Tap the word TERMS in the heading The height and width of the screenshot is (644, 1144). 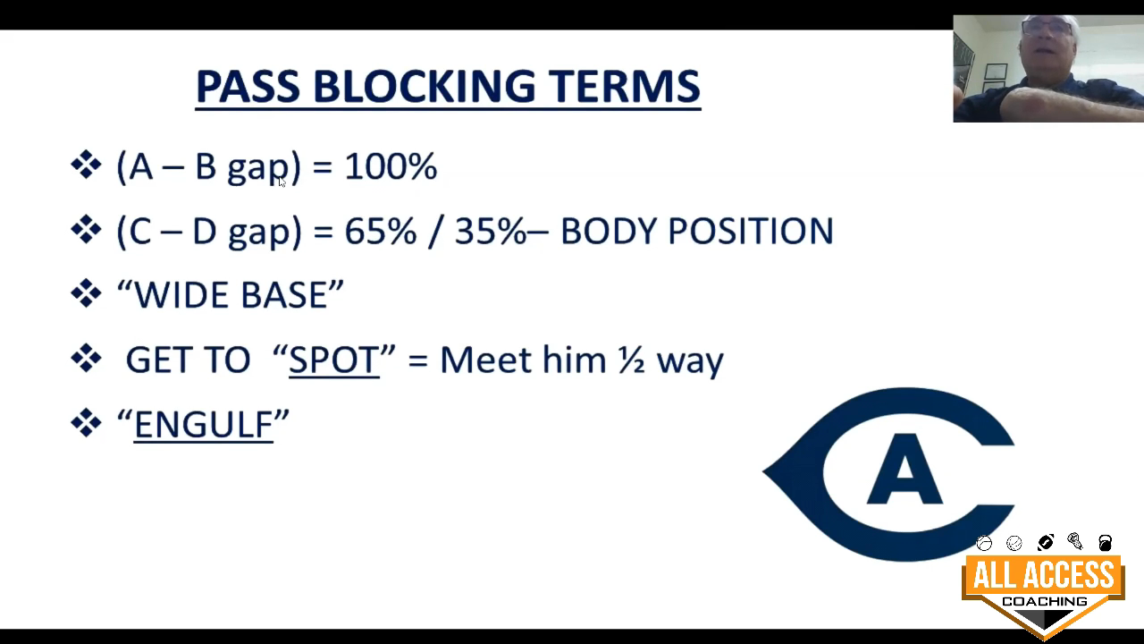click(624, 86)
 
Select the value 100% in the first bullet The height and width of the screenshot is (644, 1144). click(391, 166)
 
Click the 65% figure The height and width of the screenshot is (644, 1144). click(381, 231)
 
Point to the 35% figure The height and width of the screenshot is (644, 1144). click(491, 231)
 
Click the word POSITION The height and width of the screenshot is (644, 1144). click(750, 231)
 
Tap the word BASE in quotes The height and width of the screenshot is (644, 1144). click(284, 295)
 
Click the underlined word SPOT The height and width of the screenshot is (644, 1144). click(334, 360)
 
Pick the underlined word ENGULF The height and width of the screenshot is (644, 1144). click(203, 425)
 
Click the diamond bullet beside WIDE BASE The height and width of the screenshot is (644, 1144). click(86, 294)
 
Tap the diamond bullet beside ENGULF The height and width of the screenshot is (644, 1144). click(86, 423)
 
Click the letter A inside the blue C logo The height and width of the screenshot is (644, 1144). click(904, 469)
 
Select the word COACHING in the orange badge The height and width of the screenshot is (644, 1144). click(1045, 602)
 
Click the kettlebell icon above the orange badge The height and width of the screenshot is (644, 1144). click(1105, 542)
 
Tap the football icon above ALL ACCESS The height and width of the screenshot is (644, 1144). click(1046, 542)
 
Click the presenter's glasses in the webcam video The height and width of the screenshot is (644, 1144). click(1047, 28)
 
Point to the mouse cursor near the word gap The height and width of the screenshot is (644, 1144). click(282, 182)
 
